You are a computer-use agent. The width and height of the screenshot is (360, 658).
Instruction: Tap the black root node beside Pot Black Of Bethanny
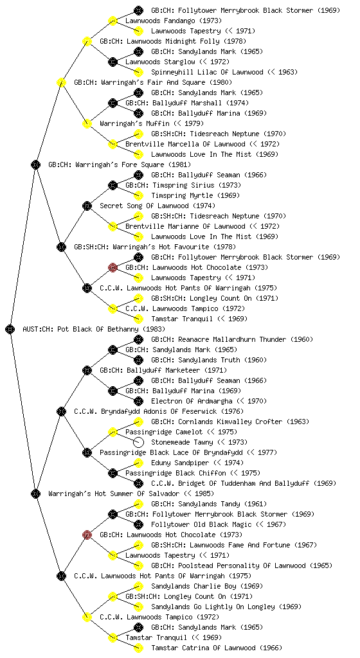pos(10,330)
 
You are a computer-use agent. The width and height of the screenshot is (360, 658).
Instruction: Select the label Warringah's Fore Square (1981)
pos(120,164)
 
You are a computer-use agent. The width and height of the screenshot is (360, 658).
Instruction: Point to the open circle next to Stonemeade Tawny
pos(138,442)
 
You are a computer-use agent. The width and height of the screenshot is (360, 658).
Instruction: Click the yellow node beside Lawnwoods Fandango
pos(113,21)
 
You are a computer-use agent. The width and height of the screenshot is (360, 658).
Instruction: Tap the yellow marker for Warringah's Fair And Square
pos(61,82)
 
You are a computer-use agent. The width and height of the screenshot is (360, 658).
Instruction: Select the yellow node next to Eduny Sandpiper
pos(138,463)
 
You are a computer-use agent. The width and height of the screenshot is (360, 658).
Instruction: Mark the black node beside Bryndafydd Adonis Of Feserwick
pos(61,412)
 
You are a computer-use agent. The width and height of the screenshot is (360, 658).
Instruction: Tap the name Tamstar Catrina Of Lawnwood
pos(204,648)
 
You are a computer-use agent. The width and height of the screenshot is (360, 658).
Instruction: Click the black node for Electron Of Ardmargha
pos(138,401)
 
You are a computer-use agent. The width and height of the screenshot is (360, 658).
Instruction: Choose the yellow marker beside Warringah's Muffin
pos(87,123)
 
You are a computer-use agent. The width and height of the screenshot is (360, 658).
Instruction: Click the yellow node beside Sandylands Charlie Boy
pos(138,586)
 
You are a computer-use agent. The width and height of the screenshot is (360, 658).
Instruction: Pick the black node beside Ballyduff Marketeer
pos(87,371)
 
